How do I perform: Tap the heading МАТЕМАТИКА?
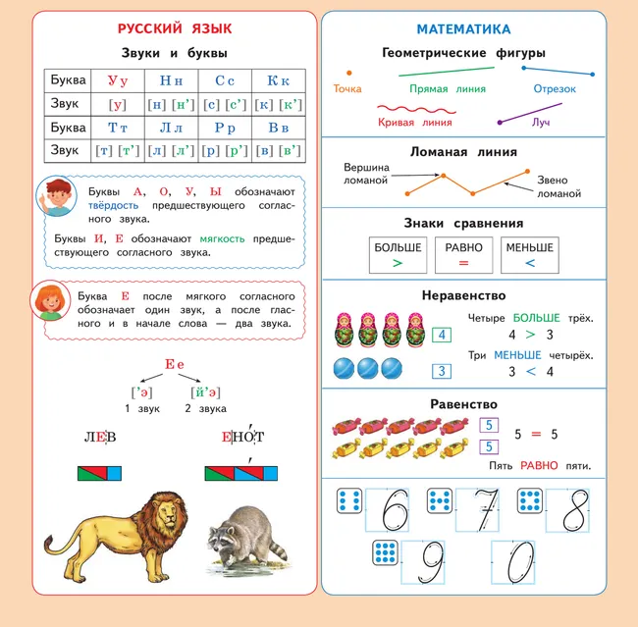point(476,29)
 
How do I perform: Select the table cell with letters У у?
point(118,80)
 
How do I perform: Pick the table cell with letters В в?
point(278,128)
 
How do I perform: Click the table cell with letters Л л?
point(171,128)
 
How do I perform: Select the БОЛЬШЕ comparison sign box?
point(398,254)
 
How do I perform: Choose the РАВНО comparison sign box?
point(463,254)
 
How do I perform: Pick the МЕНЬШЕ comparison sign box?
point(529,254)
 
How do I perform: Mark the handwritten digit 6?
point(394,510)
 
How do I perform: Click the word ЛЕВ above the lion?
point(99,438)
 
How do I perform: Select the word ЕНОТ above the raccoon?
point(243,438)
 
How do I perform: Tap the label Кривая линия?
point(414,123)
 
